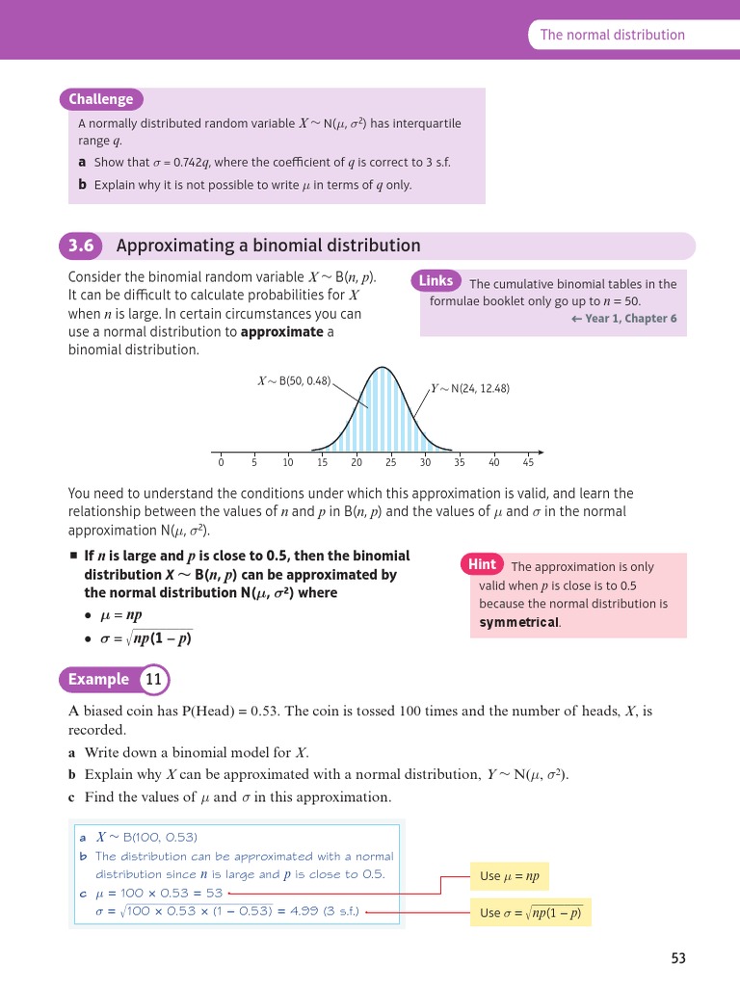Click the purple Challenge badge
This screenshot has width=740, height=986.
(101, 99)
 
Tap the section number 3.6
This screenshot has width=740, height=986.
(81, 246)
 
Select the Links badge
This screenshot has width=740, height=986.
(436, 281)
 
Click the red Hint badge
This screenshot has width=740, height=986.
(482, 564)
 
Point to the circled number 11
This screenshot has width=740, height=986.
(154, 680)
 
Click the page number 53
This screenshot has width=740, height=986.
(678, 958)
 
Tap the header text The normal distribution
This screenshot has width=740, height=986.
(612, 35)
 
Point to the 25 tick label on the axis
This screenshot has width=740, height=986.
(390, 462)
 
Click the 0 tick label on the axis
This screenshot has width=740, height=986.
(221, 462)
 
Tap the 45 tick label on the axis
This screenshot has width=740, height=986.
(528, 462)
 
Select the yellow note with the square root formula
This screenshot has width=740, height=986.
(530, 913)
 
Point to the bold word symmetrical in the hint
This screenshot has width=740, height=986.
(518, 622)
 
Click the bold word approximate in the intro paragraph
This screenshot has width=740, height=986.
(281, 332)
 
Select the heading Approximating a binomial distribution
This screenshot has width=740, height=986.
(268, 246)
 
